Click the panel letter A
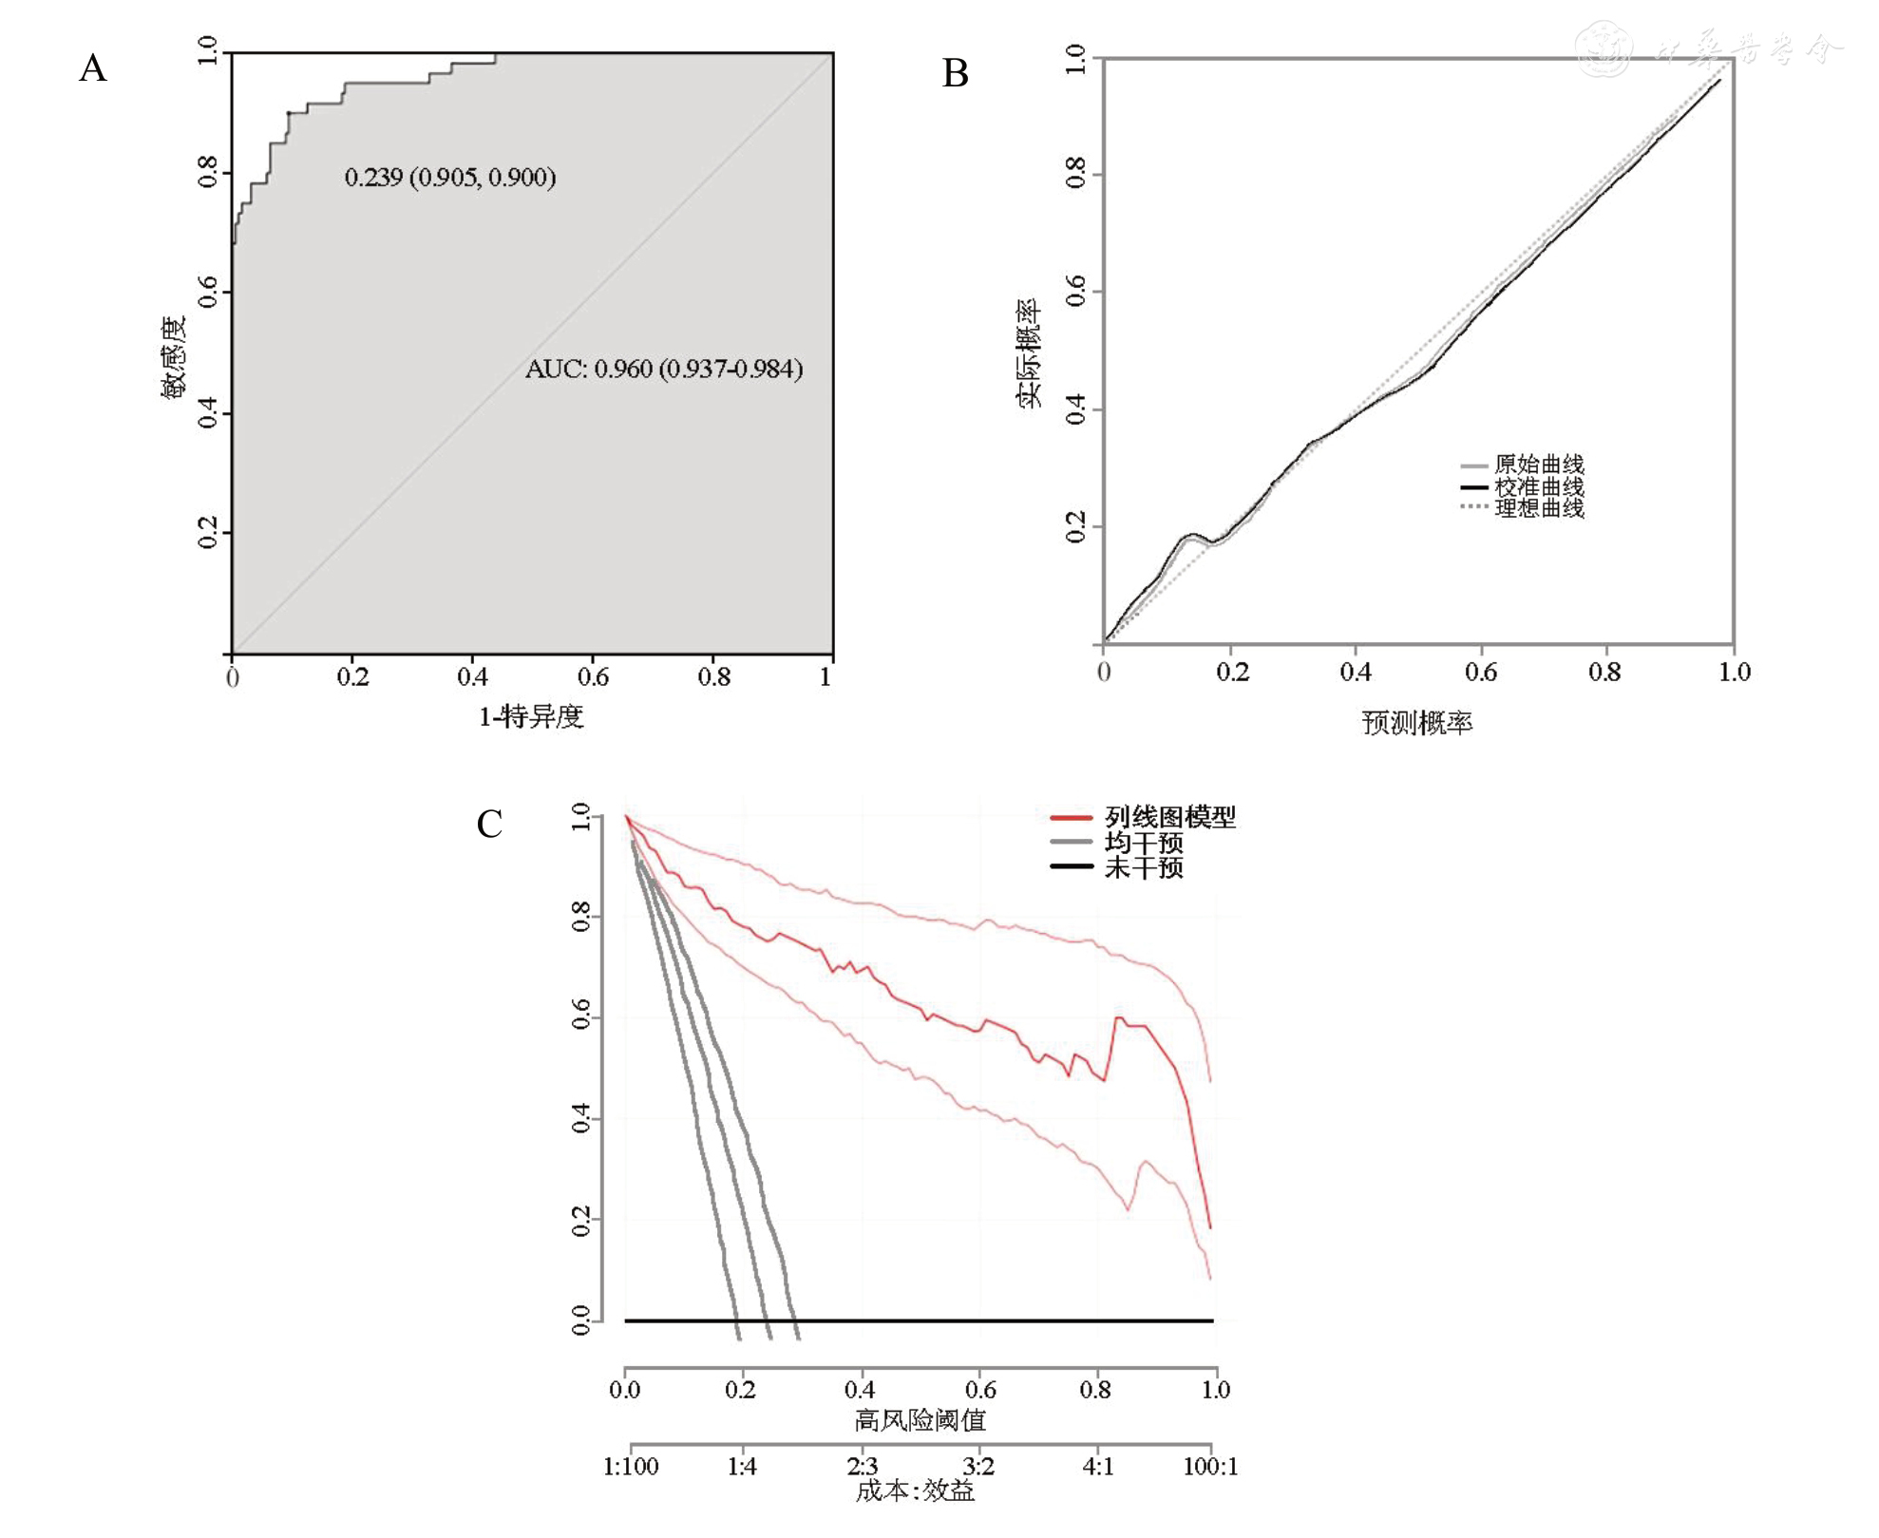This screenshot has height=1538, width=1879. tap(93, 68)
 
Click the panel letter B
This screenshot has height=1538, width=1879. tap(955, 73)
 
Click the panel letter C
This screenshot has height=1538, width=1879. tap(489, 824)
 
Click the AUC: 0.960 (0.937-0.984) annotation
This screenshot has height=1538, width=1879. tap(664, 369)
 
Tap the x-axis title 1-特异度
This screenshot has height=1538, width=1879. tap(530, 716)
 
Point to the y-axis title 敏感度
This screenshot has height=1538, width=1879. tap(174, 357)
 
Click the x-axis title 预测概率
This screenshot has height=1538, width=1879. tap(1416, 723)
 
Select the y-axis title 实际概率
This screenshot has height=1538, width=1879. tap(1030, 353)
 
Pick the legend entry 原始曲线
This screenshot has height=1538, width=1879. tap(1538, 465)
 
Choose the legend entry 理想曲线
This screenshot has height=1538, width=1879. tap(1538, 508)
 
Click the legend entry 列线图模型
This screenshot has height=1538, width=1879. tap(1169, 817)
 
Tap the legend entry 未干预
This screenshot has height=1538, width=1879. tap(1143, 867)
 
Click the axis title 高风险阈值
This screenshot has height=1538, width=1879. tap(920, 1420)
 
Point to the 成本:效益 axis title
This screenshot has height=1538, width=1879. tap(915, 1491)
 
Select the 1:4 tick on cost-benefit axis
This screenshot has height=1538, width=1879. tap(742, 1467)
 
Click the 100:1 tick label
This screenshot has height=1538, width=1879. tap(1210, 1467)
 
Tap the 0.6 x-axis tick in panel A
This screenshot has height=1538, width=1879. tap(593, 676)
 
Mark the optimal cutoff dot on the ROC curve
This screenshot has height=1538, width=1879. tap(290, 114)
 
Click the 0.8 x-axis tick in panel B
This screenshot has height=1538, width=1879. tap(1604, 673)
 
